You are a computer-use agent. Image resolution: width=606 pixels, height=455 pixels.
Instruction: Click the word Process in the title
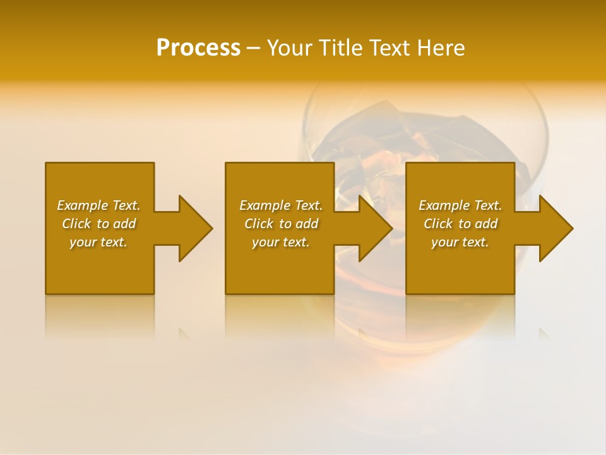198,48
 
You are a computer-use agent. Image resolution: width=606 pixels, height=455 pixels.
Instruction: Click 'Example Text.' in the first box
98,205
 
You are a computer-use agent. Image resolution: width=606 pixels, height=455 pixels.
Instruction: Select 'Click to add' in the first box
98,224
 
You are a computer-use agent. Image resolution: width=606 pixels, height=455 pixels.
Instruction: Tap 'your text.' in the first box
98,242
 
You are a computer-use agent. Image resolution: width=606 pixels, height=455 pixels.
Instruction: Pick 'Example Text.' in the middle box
281,205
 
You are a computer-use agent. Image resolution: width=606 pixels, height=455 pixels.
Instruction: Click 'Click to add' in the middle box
281,224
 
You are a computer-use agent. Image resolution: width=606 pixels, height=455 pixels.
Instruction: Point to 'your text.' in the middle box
281,242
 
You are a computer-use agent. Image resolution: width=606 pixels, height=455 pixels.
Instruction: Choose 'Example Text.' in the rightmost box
460,205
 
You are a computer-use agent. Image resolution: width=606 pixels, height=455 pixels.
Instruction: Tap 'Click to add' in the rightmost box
460,224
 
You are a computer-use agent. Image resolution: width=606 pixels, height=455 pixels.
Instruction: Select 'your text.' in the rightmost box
460,242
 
